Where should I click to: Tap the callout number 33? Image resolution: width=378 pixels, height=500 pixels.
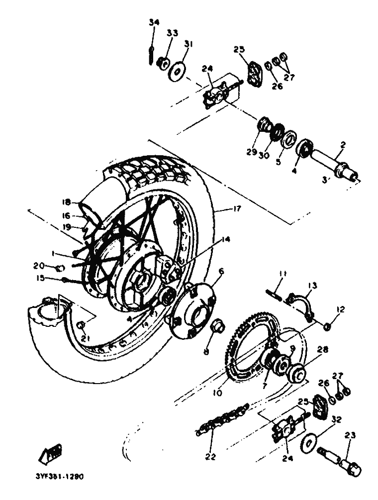tap(172, 33)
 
